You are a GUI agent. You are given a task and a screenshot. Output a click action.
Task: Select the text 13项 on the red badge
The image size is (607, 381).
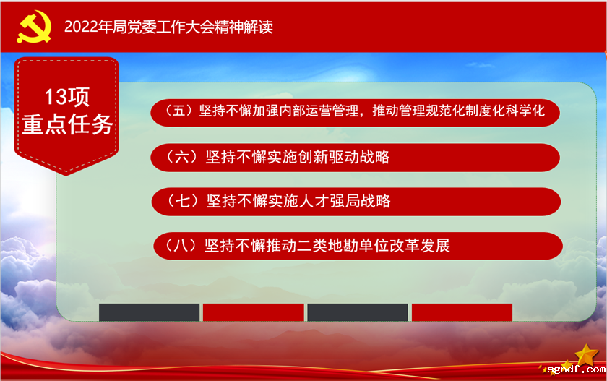click(67, 97)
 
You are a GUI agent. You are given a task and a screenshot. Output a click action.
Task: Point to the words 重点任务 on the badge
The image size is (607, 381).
click(67, 124)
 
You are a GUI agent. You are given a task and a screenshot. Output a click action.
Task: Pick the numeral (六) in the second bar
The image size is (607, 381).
click(178, 156)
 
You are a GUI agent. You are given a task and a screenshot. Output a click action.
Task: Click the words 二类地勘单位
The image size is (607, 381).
click(346, 245)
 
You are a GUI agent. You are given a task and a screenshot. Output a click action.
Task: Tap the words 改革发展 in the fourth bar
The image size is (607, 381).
click(422, 245)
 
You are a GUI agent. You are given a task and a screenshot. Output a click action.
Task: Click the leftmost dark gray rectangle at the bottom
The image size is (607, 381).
click(149, 312)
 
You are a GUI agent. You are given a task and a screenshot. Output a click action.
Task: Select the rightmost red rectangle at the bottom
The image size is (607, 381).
click(462, 312)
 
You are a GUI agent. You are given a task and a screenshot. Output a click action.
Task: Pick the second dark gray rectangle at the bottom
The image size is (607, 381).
click(358, 312)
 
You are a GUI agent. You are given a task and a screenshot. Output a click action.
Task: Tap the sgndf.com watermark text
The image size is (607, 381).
click(574, 369)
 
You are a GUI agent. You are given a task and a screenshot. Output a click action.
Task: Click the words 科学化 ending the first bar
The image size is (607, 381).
click(523, 111)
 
